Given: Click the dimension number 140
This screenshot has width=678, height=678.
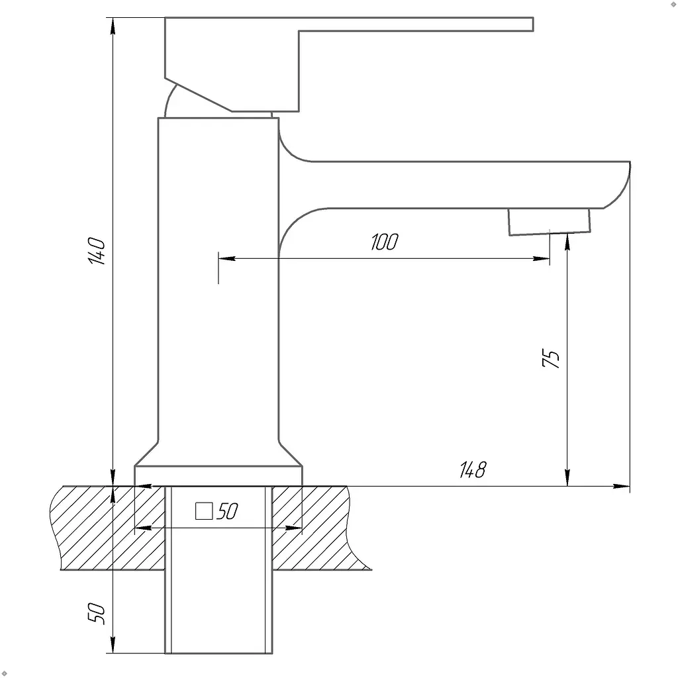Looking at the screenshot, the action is [97, 251].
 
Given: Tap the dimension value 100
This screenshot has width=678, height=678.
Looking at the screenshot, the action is [385, 242].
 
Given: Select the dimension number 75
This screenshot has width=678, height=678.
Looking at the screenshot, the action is [550, 358].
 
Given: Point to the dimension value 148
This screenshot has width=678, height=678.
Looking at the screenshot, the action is [473, 470].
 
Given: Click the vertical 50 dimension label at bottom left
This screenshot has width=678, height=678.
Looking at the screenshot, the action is [97, 612].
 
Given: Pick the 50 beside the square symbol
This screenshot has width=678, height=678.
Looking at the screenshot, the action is [228, 512].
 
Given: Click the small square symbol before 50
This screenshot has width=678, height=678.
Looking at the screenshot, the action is [204, 511].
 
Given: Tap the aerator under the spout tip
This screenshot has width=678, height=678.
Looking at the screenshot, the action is [549, 222].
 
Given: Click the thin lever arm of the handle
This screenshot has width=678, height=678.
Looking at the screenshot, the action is [415, 24].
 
